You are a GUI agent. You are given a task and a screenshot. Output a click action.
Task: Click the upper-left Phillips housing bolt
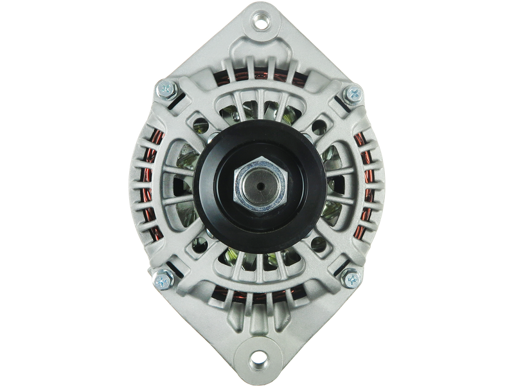pos(164,90)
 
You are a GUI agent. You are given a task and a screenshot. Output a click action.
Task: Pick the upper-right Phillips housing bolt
pos(352,95)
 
